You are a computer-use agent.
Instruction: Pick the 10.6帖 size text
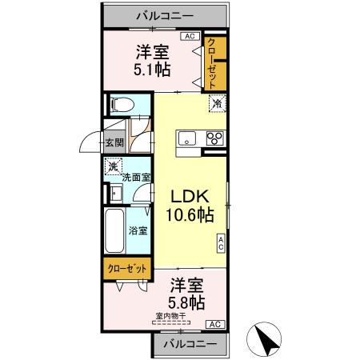click(189, 214)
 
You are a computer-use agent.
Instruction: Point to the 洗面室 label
click(138, 178)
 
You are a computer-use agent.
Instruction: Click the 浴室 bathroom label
click(138, 230)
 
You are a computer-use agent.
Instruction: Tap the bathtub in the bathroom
click(114, 231)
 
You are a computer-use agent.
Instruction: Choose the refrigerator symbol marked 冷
click(216, 103)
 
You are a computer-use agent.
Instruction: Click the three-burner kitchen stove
click(214, 138)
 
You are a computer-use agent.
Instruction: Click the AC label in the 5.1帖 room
click(190, 36)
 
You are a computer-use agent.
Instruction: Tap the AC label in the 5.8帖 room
click(214, 323)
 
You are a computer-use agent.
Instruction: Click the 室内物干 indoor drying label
click(170, 316)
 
